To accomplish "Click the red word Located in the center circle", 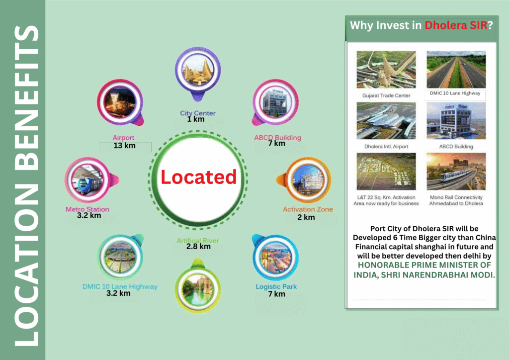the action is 199,177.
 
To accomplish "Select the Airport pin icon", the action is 120,102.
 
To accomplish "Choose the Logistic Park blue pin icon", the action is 275,257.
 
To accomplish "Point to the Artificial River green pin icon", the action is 198,285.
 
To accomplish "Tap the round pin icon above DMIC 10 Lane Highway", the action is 121,257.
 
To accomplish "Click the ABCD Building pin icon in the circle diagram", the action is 275,102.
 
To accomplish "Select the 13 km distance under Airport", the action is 124,145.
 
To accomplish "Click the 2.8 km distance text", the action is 198,247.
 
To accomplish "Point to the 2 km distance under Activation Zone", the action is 306,217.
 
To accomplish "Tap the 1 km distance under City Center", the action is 196,119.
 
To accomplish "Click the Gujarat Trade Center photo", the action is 386,70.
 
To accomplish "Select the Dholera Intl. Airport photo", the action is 386,121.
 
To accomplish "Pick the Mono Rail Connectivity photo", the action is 456,172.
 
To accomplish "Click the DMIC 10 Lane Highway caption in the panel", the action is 455,93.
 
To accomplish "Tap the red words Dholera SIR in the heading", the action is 456,25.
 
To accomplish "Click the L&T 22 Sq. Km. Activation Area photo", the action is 386,172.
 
